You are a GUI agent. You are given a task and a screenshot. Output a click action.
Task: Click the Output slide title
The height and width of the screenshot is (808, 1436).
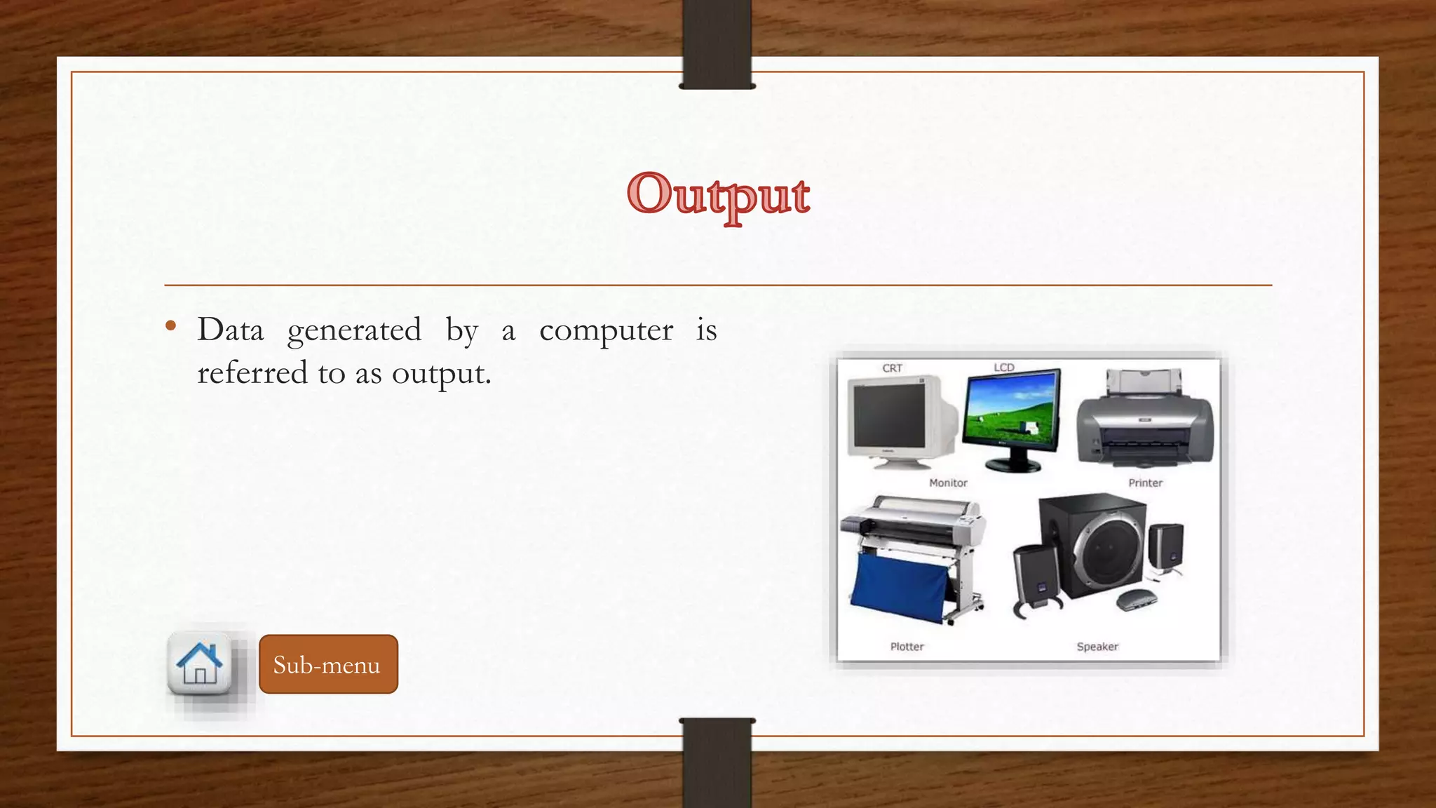[718, 195]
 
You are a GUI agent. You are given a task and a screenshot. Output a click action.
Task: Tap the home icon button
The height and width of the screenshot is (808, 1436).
[200, 663]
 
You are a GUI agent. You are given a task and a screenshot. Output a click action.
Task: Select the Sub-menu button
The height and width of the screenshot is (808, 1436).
[328, 664]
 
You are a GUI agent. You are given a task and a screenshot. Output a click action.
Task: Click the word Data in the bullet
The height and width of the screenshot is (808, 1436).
[231, 330]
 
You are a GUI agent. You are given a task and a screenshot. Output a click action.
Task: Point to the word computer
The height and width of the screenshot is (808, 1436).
[606, 330]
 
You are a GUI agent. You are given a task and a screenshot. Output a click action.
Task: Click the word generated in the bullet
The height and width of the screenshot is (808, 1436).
[354, 330]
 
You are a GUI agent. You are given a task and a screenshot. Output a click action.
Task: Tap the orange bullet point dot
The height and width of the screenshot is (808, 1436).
[170, 325]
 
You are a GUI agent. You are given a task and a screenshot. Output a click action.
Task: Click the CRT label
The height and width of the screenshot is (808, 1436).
[892, 368]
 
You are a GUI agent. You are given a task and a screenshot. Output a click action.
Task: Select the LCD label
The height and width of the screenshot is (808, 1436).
[1003, 368]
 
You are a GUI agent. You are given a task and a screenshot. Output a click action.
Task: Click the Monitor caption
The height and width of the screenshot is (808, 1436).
[948, 483]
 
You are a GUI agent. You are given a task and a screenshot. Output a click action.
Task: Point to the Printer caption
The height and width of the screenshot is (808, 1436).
[1145, 483]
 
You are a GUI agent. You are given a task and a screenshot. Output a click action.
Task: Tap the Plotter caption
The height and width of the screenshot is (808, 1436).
[907, 646]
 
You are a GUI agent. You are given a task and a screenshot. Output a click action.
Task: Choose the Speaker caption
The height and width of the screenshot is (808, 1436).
[1097, 646]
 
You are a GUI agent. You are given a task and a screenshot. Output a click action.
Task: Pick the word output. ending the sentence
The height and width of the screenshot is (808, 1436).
[441, 373]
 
